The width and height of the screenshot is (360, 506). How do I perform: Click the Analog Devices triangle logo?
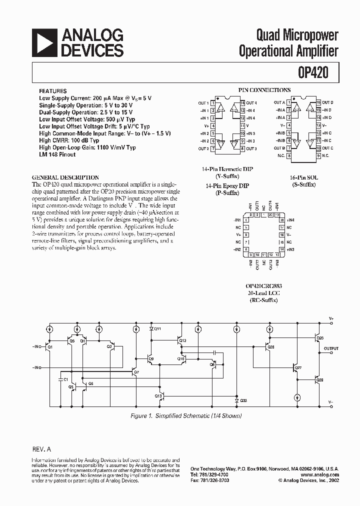point(44,42)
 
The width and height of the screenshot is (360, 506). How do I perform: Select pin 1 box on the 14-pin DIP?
point(213,103)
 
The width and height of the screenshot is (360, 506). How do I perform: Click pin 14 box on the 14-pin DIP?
point(242,103)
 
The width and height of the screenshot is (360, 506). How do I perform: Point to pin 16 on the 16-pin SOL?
point(318,102)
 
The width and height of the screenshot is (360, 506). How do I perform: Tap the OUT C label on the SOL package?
point(327,148)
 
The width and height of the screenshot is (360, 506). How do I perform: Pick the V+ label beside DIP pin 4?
point(206,126)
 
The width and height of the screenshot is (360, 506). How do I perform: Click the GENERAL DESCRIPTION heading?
point(65,177)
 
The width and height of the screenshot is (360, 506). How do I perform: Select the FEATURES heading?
point(53,91)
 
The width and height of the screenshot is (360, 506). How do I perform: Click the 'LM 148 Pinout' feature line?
point(57,154)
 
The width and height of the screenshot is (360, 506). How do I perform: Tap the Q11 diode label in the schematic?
point(157,329)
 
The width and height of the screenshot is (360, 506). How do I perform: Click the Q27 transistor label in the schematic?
point(298,368)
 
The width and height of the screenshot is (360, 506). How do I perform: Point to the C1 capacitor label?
point(59,380)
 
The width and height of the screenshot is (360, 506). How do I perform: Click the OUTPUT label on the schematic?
point(330,348)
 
